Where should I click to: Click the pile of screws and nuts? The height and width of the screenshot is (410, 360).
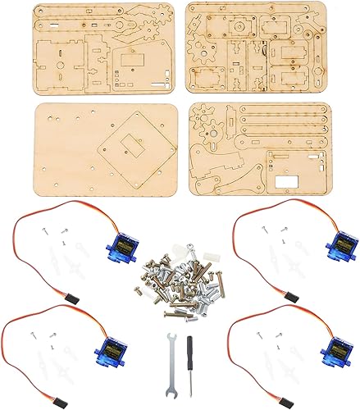(175, 279)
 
